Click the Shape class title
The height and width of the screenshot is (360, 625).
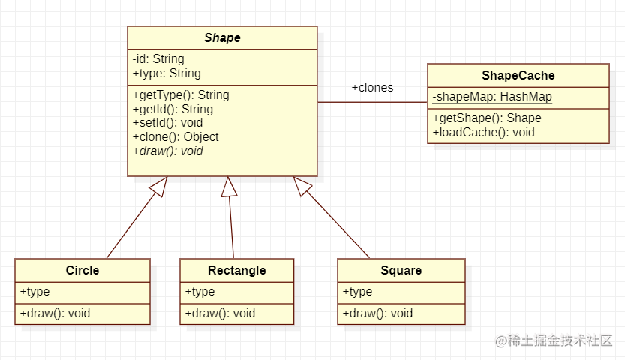tap(222, 38)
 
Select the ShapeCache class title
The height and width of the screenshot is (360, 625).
tap(518, 75)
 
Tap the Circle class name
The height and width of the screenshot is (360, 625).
tap(83, 270)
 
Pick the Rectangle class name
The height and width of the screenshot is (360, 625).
tap(236, 270)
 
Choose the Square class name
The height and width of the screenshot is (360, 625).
tap(401, 270)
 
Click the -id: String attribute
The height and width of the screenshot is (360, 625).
tap(158, 59)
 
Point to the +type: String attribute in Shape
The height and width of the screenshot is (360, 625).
tap(167, 73)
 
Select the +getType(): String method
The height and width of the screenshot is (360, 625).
tap(181, 95)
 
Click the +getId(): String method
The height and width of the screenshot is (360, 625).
tap(173, 109)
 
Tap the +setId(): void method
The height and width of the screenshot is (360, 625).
tap(167, 123)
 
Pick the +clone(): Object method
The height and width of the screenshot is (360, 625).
tap(176, 137)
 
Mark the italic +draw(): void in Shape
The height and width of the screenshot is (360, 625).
tap(167, 151)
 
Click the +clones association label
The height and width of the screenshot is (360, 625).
tap(372, 88)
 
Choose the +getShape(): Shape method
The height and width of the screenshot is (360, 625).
tap(487, 118)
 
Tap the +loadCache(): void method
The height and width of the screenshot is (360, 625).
tap(484, 133)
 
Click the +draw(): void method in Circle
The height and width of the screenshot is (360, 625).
tap(55, 313)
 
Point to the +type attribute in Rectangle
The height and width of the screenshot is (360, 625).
tap(200, 292)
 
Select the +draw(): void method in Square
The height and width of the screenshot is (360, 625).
tap(377, 313)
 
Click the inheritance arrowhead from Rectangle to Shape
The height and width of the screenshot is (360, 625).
tap(228, 187)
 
